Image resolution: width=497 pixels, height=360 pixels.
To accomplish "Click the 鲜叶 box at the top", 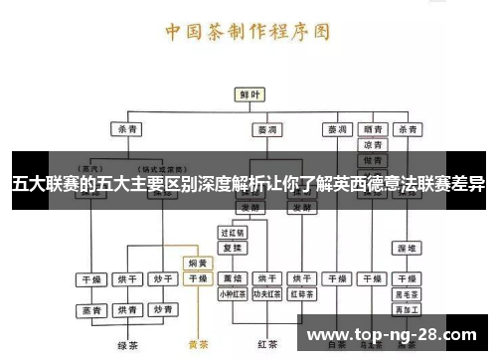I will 248,94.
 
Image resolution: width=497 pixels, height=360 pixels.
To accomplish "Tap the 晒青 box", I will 374,129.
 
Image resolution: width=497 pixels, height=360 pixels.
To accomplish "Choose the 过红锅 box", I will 232,232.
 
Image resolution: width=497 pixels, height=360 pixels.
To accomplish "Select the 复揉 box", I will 232,247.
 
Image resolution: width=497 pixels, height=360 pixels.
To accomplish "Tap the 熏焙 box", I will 232,279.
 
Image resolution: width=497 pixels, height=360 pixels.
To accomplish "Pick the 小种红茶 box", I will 232,294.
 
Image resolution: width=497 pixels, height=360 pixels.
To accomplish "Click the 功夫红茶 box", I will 267,294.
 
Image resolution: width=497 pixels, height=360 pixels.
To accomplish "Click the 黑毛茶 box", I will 407,294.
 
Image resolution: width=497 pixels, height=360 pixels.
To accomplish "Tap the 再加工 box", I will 407,309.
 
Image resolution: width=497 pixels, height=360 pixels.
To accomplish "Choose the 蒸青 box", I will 92,310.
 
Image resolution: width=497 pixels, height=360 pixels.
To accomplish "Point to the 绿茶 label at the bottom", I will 127,344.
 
